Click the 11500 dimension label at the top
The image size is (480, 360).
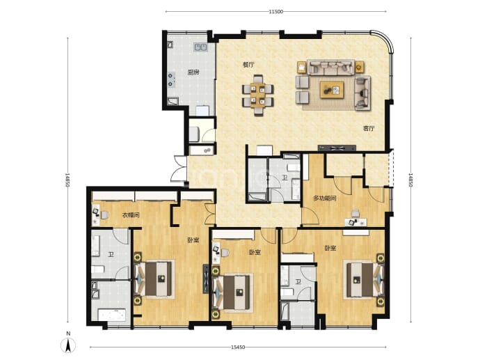[x=275, y=12]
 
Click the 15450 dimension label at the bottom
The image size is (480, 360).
[x=238, y=347]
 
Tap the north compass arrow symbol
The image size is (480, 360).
[x=68, y=345]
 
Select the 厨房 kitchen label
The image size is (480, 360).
[x=193, y=72]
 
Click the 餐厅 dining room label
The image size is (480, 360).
[x=248, y=65]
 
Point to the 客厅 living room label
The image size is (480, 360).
[x=369, y=128]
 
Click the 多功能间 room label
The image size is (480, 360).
[x=324, y=198]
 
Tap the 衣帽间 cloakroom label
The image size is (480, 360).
[x=131, y=215]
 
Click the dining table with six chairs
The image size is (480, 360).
[x=258, y=95]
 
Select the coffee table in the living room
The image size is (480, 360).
[x=332, y=90]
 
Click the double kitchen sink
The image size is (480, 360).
[x=200, y=47]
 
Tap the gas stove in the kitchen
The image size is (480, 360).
[x=171, y=79]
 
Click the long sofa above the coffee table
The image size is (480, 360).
[x=331, y=67]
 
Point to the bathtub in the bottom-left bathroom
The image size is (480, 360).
[x=112, y=315]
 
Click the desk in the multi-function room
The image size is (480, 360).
[x=355, y=222]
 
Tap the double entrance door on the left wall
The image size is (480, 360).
[x=179, y=169]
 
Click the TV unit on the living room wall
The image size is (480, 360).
[x=337, y=148]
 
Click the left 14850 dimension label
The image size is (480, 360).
[x=67, y=180]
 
